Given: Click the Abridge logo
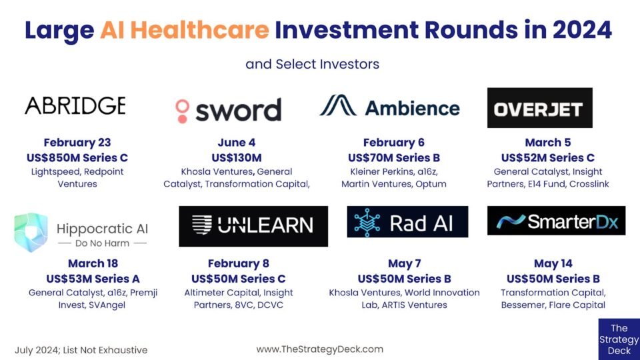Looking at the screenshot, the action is pos(75,106).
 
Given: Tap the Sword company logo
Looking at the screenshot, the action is pos(228,110).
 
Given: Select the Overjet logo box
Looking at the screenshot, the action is pos(539,108).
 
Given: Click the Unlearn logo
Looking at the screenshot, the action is pos(253,226).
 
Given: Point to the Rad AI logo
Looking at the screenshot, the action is pos(407,221).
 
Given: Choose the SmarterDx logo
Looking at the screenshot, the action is pos(556,221).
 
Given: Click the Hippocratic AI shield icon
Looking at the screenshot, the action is pos(31,232).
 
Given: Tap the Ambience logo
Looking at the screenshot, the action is pos(390,107).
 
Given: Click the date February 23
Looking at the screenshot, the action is pos(77,143).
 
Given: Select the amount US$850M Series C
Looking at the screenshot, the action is pos(77,157).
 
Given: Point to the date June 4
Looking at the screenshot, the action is pos(237,143).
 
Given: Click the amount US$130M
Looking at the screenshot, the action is pos(237,157).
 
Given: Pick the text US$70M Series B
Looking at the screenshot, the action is pos(394,157).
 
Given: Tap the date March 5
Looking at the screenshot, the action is pos(548,143).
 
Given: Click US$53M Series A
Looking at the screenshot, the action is pos(93,279).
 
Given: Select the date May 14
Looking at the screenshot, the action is pos(553,264).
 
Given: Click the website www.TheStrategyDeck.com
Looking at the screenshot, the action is pos(320,349).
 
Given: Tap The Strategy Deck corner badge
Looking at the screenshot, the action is pos(619,339).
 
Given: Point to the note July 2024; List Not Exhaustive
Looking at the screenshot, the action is pos(81,350).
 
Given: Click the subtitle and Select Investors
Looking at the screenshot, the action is pos(312,64).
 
